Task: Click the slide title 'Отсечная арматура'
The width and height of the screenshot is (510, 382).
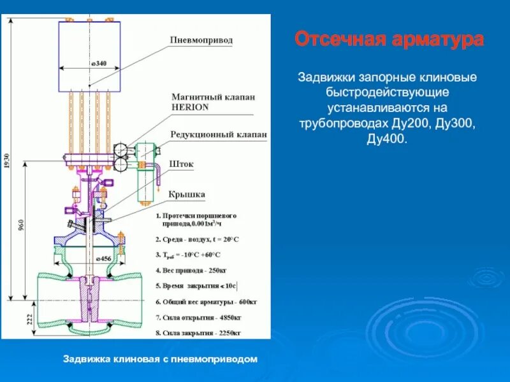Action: click(x=389, y=40)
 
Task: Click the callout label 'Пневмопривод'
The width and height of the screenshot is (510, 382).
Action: click(x=201, y=40)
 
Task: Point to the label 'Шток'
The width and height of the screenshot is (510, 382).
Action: click(x=182, y=164)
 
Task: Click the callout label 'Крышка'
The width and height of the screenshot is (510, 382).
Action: click(x=187, y=193)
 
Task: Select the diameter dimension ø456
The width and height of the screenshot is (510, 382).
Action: click(x=103, y=259)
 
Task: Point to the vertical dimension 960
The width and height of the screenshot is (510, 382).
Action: click(x=22, y=226)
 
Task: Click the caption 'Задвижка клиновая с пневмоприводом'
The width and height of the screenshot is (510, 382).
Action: click(x=159, y=359)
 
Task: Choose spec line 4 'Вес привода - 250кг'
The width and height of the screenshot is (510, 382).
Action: click(x=192, y=270)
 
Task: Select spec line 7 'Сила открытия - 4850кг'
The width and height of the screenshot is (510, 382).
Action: click(x=198, y=316)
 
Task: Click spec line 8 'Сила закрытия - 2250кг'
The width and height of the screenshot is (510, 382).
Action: click(x=198, y=332)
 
